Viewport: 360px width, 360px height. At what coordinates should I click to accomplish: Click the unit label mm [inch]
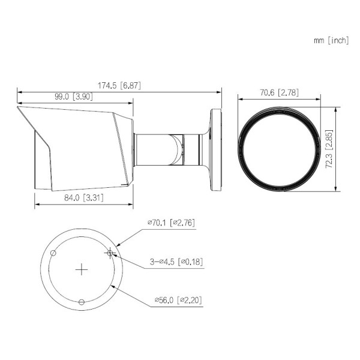point(331,40)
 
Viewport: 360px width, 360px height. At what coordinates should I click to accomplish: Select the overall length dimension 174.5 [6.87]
point(118,86)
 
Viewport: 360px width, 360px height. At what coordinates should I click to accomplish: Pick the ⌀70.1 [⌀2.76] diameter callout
point(171,223)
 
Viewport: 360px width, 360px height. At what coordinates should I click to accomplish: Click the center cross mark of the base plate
point(82,270)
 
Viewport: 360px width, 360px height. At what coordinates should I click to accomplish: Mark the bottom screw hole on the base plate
point(82,301)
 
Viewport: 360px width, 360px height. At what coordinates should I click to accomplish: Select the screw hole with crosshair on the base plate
point(109,253)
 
